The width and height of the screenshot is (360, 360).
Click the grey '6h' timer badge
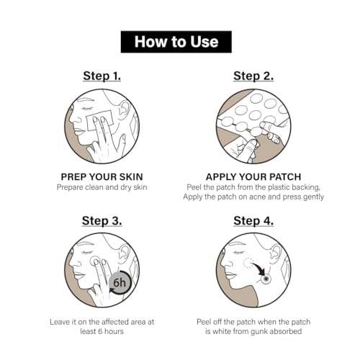coord(119,283)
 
